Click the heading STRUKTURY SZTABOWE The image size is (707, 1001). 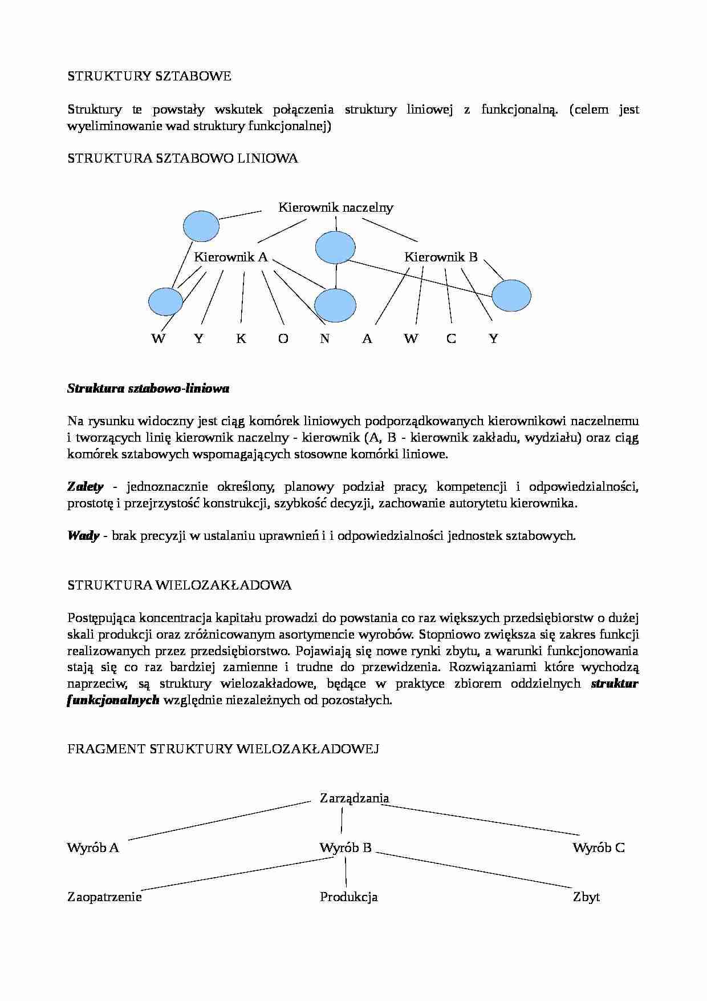pyautogui.click(x=149, y=76)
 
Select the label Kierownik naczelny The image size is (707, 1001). pyautogui.click(x=336, y=208)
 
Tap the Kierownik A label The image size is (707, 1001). pyautogui.click(x=230, y=257)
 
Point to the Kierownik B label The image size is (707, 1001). pyautogui.click(x=441, y=257)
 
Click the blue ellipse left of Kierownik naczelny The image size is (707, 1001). pyautogui.click(x=201, y=226)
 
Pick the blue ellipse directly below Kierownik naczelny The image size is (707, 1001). pyautogui.click(x=335, y=248)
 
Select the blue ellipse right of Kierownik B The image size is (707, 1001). pyautogui.click(x=511, y=296)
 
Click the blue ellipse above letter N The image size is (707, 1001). pyautogui.click(x=335, y=305)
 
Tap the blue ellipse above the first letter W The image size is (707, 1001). pyautogui.click(x=166, y=301)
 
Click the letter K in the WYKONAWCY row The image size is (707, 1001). pyautogui.click(x=241, y=339)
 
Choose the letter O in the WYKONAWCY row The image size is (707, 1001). pyautogui.click(x=283, y=339)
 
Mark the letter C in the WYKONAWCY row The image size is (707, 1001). pyautogui.click(x=451, y=339)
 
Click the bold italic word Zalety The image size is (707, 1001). pyautogui.click(x=86, y=487)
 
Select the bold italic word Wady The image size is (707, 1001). pyautogui.click(x=83, y=536)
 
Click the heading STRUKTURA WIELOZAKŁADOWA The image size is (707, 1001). pyautogui.click(x=179, y=585)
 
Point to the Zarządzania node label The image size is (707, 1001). pyautogui.click(x=355, y=798)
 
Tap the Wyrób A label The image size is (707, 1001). pyautogui.click(x=93, y=848)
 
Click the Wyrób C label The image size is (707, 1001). pyautogui.click(x=599, y=848)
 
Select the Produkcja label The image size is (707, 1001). pyautogui.click(x=348, y=897)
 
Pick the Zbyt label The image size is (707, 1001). pyautogui.click(x=586, y=897)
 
